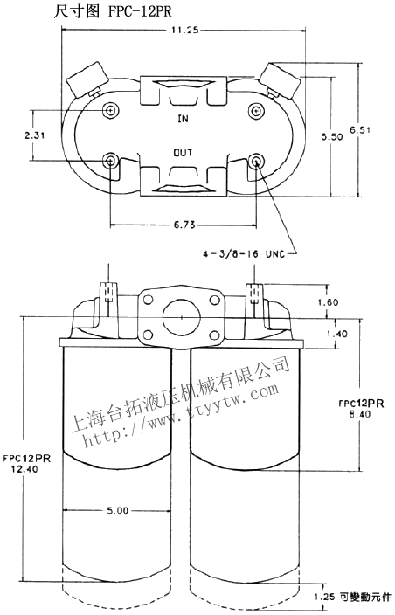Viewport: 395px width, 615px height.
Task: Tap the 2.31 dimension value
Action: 34,135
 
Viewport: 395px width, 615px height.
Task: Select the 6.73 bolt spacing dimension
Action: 184,225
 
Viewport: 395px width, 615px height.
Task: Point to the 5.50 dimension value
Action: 332,136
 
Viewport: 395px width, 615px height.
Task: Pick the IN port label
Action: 183,118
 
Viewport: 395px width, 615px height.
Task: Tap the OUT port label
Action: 183,152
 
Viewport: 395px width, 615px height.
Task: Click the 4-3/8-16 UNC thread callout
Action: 243,253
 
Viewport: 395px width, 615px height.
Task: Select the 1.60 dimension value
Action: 328,302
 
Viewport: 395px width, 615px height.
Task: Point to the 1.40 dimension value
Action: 337,334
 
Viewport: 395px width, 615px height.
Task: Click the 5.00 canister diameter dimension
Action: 118,510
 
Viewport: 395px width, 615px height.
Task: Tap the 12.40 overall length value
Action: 24,469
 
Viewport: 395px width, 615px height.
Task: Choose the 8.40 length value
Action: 360,414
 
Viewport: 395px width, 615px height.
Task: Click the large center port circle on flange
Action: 182,317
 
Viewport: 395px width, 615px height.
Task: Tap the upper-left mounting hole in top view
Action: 111,111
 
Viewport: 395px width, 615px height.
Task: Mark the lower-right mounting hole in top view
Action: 256,161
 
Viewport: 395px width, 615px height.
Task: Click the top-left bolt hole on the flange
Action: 148,300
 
